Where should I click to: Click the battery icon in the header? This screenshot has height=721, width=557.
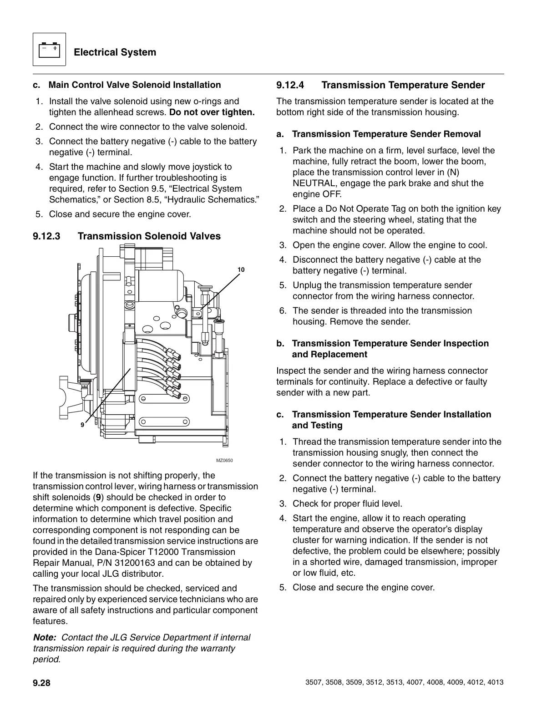[49, 50]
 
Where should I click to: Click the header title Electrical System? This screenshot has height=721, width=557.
[115, 52]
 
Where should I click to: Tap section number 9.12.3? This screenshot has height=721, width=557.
[46, 236]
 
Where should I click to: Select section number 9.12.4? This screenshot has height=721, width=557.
[290, 85]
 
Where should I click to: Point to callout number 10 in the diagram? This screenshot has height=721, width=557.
[241, 270]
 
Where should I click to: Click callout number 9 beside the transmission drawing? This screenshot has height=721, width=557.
[82, 425]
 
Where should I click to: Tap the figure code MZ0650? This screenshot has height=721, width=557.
[224, 461]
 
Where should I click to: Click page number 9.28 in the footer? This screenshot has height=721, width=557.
[41, 683]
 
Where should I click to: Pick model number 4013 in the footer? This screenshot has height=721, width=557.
[495, 683]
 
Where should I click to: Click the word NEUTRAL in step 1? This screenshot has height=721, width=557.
[311, 183]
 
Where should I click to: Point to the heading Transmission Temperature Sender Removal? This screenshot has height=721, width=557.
[386, 134]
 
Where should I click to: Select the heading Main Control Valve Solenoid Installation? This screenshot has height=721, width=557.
[135, 85]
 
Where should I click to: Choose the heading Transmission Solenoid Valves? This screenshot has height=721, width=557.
[149, 236]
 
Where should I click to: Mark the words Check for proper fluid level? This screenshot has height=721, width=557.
[348, 504]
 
